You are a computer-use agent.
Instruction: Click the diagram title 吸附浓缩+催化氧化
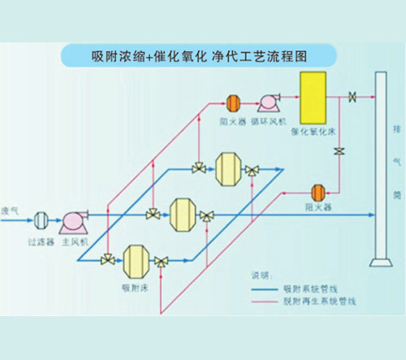(147, 57)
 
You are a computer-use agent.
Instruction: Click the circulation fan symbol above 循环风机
(266, 102)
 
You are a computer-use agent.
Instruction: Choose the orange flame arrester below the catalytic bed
(318, 192)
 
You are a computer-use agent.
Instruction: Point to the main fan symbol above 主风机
(76, 220)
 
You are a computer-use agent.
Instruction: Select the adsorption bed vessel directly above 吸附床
(133, 259)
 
